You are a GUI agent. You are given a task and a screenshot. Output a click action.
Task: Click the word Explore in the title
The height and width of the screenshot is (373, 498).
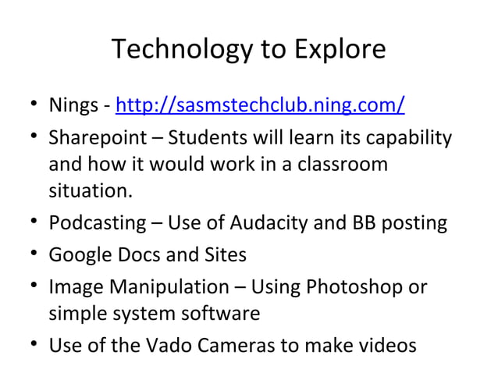339,50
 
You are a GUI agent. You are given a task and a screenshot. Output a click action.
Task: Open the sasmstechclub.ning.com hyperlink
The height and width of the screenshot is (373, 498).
260,104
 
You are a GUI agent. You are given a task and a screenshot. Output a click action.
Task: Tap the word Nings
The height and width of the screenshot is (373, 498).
73,104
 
